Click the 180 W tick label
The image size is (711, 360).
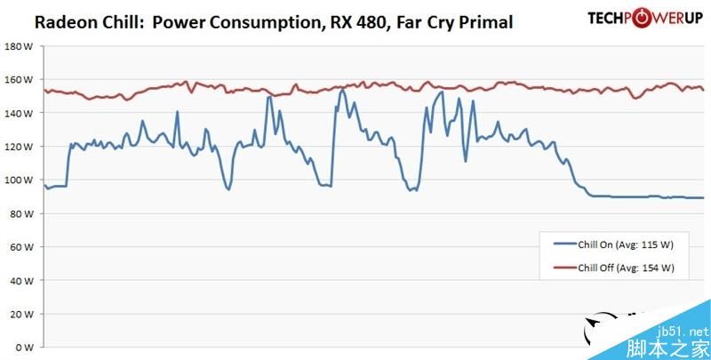[x=19, y=46]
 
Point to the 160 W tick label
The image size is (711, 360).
[x=19, y=80]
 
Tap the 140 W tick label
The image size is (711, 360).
[x=19, y=113]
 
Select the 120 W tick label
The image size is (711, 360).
[x=19, y=147]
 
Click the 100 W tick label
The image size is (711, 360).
[x=19, y=180]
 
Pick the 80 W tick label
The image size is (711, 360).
[x=20, y=213]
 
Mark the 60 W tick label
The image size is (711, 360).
[x=20, y=246]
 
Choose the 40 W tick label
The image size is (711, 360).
[x=20, y=280]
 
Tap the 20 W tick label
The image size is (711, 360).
[x=20, y=313]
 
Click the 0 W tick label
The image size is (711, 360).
[x=23, y=347]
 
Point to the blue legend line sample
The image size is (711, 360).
[x=564, y=243]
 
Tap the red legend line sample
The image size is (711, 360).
[x=564, y=267]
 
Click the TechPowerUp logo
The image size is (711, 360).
[x=643, y=18]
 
